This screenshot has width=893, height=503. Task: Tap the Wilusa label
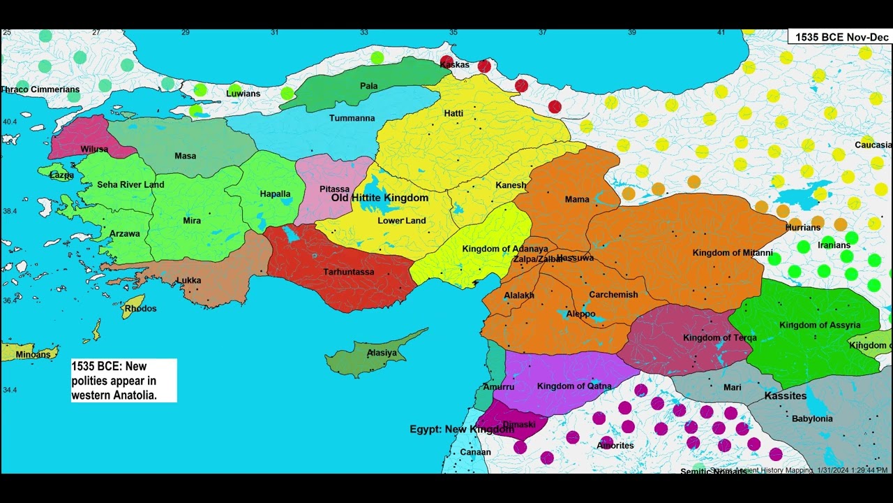(x=94, y=149)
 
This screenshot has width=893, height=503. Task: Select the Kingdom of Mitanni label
(x=732, y=253)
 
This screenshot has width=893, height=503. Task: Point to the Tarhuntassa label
(x=348, y=272)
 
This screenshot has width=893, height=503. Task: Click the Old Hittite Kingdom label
(x=380, y=198)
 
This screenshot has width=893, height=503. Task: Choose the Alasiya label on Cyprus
(x=382, y=353)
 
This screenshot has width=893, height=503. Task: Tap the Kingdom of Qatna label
(x=573, y=386)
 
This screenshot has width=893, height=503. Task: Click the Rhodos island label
(x=140, y=308)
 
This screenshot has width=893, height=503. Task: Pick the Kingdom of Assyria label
(x=819, y=325)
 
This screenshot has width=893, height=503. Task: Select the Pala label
(x=368, y=86)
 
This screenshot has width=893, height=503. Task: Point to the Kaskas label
(x=454, y=65)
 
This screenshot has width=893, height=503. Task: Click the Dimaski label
(x=518, y=424)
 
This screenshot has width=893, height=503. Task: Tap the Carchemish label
(x=613, y=294)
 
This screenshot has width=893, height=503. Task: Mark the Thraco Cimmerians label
(x=40, y=89)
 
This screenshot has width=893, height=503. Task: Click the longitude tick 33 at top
(x=364, y=32)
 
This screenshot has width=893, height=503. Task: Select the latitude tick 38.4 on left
(x=9, y=211)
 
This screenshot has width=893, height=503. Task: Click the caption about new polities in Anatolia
(x=123, y=381)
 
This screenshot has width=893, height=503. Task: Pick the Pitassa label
(x=334, y=189)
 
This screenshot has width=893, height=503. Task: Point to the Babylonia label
(x=812, y=418)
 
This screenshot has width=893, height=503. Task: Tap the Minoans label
(x=33, y=354)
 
